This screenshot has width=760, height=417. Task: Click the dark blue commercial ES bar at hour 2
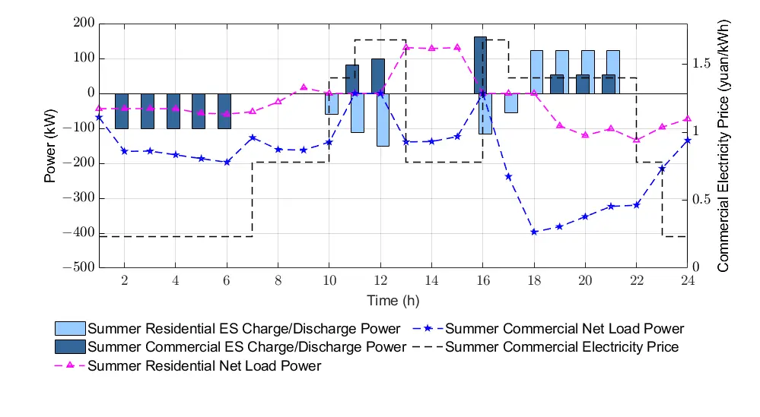(122, 111)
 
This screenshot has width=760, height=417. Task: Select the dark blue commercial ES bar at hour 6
(224, 111)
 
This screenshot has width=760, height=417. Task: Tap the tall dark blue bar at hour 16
(480, 65)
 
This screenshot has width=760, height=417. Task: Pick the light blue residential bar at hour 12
(383, 119)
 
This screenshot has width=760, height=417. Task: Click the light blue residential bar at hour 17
(510, 103)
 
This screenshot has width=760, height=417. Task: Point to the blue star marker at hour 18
(534, 232)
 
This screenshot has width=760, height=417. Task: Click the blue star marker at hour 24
(688, 141)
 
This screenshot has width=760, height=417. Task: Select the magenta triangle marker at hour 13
(406, 47)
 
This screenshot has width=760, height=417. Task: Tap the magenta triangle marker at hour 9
(304, 87)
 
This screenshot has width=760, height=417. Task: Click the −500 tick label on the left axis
(78, 268)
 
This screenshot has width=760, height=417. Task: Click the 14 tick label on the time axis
(431, 280)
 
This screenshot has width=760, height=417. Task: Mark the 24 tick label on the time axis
(688, 280)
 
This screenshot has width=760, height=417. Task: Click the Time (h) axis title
(393, 301)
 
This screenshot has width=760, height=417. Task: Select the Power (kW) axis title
(51, 146)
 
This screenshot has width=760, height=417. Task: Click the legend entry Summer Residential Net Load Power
(205, 366)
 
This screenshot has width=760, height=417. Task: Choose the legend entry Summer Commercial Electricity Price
(561, 348)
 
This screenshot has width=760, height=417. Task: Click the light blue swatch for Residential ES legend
(70, 329)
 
